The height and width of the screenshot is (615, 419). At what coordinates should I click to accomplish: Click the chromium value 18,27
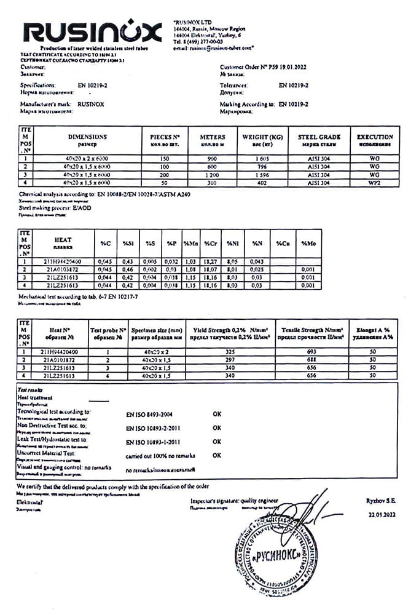click(211, 262)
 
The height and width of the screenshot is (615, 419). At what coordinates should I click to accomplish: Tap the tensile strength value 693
click(311, 351)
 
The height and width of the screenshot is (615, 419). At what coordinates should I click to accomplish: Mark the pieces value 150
click(165, 159)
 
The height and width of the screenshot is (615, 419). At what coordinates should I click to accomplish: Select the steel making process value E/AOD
click(80, 208)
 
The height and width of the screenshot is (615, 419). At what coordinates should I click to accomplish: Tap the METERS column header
click(213, 137)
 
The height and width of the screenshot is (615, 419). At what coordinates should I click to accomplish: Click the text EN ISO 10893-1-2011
click(152, 442)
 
